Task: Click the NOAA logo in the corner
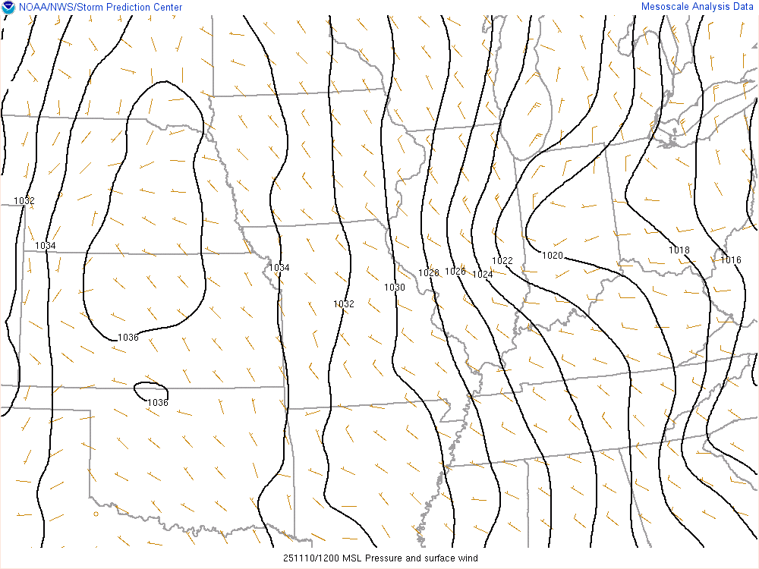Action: [8, 8]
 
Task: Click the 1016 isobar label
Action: [731, 260]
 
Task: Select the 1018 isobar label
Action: [679, 250]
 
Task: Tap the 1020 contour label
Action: [553, 256]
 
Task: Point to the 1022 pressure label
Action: [502, 261]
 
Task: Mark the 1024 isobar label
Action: [483, 274]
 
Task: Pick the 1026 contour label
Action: [455, 271]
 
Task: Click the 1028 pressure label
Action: [429, 272]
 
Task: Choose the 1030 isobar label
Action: [395, 287]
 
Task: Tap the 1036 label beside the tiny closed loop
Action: [158, 402]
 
